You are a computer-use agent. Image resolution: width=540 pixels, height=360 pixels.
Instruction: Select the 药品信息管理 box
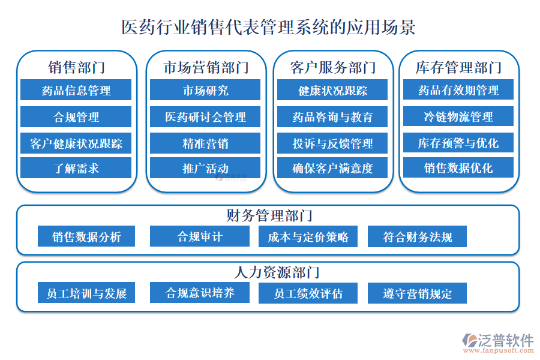pos(76,91)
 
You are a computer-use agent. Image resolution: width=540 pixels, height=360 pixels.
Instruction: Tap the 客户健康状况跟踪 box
pos(76,143)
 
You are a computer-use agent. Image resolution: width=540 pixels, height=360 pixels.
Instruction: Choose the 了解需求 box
pos(76,169)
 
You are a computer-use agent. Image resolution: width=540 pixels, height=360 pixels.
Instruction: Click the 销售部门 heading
pos(76,67)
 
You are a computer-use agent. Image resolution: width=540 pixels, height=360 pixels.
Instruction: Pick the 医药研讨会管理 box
pos(205,117)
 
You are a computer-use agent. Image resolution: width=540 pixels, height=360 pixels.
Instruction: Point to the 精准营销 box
pos(205,143)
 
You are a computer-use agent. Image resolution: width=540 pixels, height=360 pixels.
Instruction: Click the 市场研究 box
pos(205,91)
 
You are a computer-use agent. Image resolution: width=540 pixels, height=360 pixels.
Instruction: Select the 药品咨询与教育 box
pos(332,117)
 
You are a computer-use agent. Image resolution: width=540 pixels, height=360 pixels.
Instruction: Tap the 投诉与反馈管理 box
pos(332,143)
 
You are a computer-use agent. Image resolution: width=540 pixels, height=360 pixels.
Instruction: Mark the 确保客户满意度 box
pos(332,169)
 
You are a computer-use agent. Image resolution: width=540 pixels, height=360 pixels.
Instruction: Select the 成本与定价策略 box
pos(308,236)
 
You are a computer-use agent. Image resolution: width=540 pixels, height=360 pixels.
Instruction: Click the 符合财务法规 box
pos(417,236)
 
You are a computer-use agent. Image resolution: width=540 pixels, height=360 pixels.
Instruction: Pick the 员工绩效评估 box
pos(308,293)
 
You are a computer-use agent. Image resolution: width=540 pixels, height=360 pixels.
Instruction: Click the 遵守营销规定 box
pos(417,293)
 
